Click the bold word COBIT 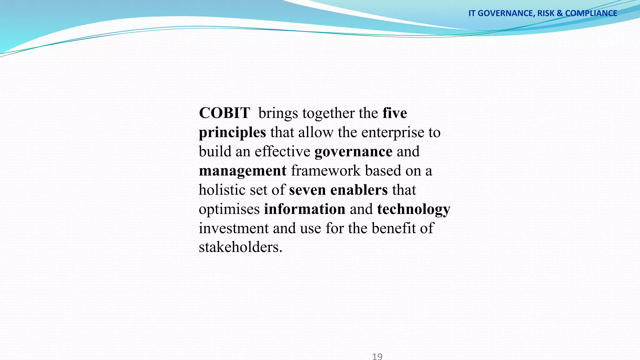click(x=224, y=113)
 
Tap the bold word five click(x=395, y=113)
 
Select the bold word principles click(x=232, y=132)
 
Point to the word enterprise click(x=392, y=132)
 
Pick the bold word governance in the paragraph click(x=353, y=152)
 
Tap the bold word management click(x=242, y=171)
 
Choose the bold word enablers click(x=359, y=190)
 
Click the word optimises click(x=229, y=209)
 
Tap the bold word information click(x=304, y=209)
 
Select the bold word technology click(x=413, y=209)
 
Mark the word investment click(x=234, y=228)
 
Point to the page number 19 click(x=377, y=356)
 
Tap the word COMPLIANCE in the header click(x=591, y=13)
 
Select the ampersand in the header click(x=559, y=13)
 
